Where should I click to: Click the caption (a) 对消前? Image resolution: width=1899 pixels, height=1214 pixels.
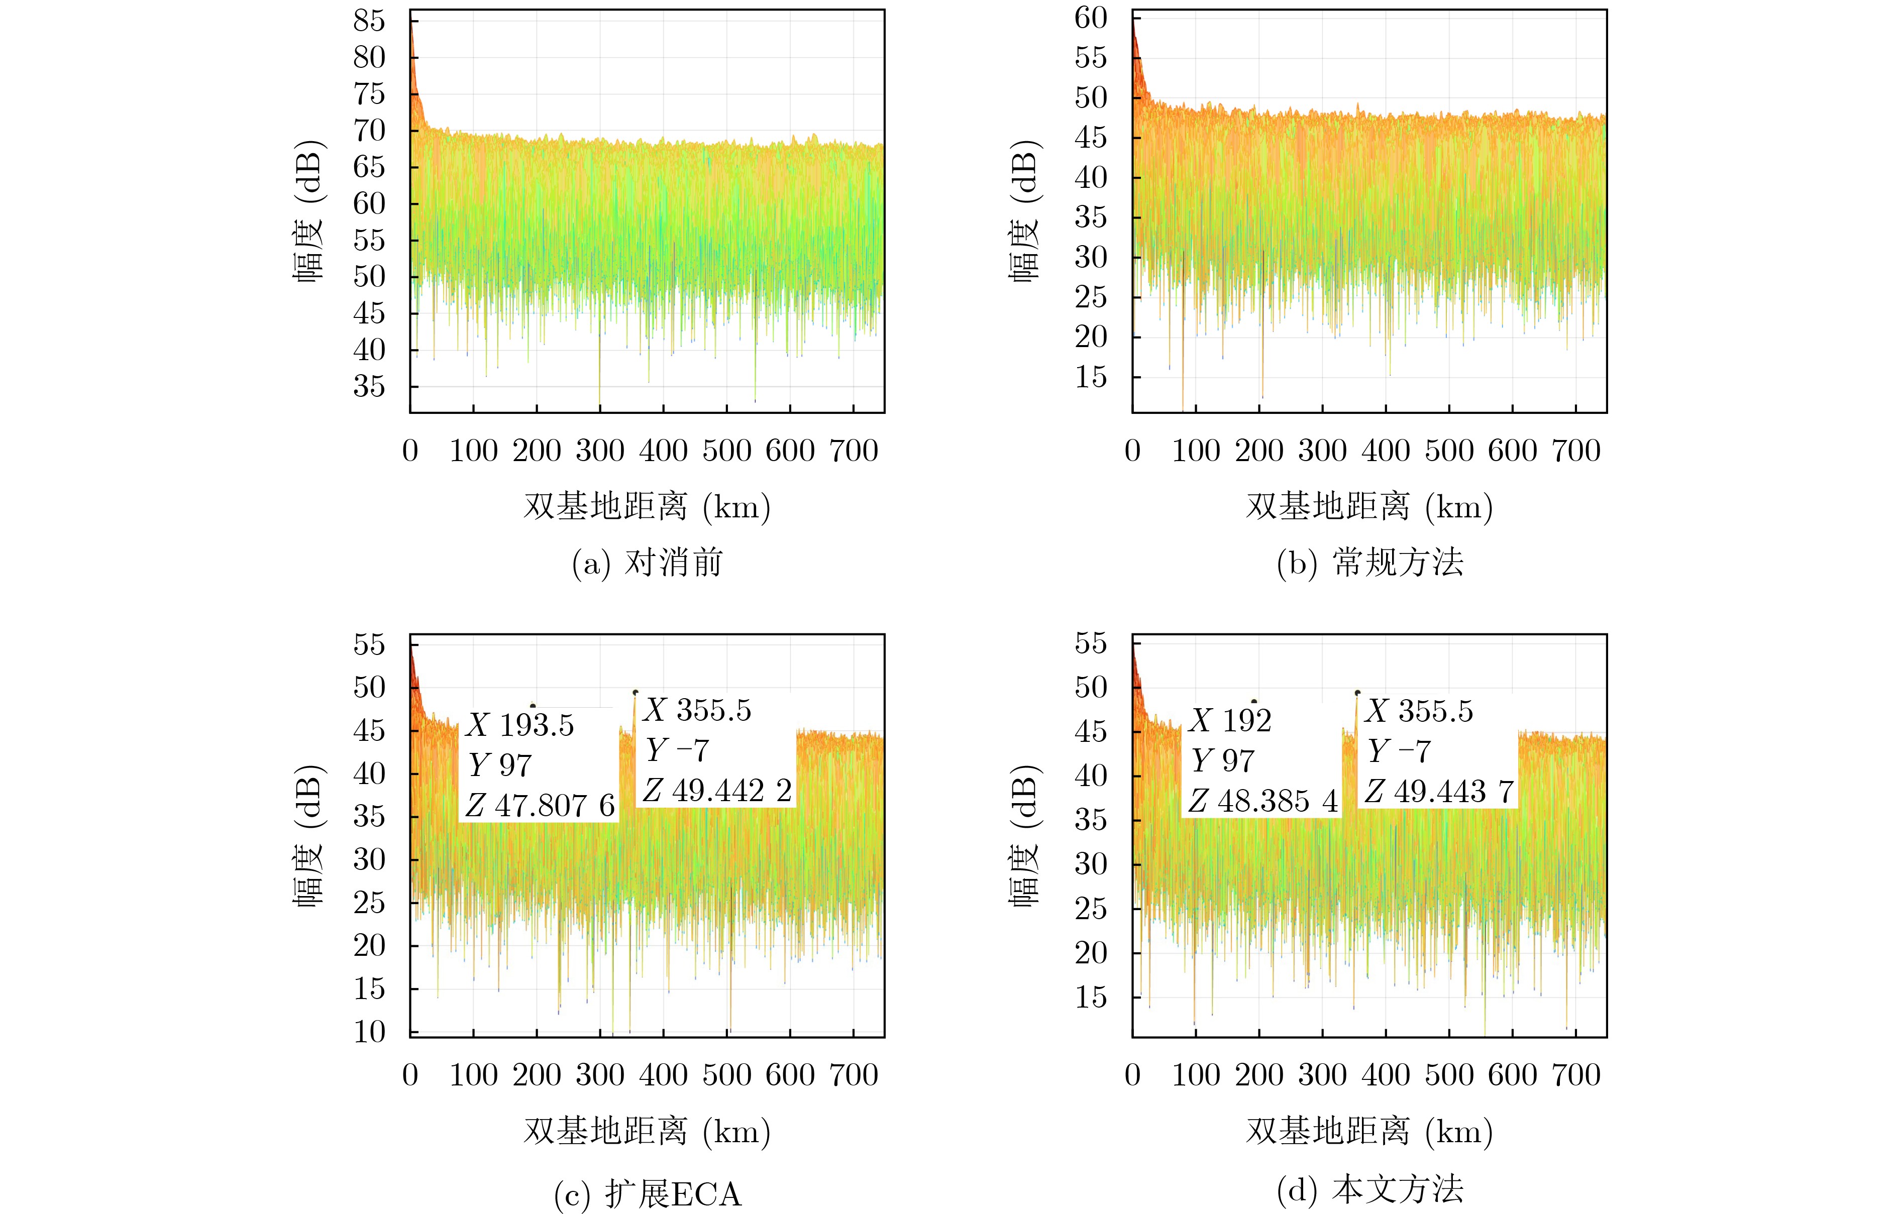[x=647, y=563]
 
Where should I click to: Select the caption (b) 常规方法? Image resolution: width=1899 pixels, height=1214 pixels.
[x=1370, y=563]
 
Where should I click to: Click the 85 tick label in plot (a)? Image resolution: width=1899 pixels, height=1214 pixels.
[x=369, y=21]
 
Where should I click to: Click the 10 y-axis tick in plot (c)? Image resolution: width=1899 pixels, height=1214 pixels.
[x=369, y=1031]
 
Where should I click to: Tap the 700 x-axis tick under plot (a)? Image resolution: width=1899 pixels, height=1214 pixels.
[x=853, y=451]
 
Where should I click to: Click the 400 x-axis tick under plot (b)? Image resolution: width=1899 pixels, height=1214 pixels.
[x=1386, y=451]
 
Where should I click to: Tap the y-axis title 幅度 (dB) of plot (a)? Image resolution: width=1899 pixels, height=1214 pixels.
[x=308, y=211]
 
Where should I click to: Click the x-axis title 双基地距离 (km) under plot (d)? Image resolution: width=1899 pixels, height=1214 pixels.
[x=1370, y=1132]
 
